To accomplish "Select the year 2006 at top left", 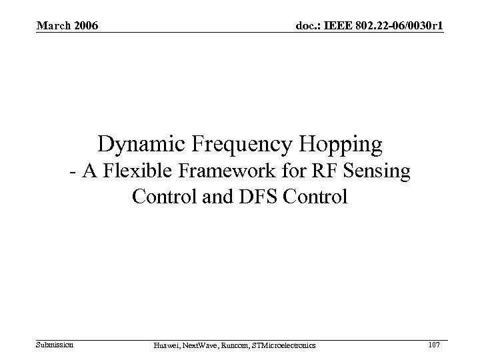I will [85, 26].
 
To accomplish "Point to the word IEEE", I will [341, 26].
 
